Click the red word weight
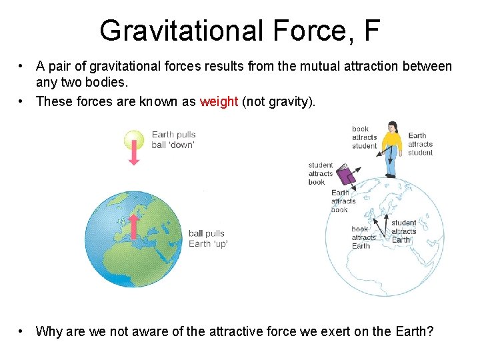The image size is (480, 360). [219, 101]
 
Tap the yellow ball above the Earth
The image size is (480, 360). [134, 139]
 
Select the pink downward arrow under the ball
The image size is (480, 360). [134, 155]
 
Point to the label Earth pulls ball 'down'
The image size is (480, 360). [173, 140]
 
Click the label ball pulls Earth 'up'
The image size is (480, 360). [207, 239]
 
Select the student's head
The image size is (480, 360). [392, 126]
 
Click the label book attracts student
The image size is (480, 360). [364, 137]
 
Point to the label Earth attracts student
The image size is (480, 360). [420, 144]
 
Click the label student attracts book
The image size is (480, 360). [320, 173]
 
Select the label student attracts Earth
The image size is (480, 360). [403, 231]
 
